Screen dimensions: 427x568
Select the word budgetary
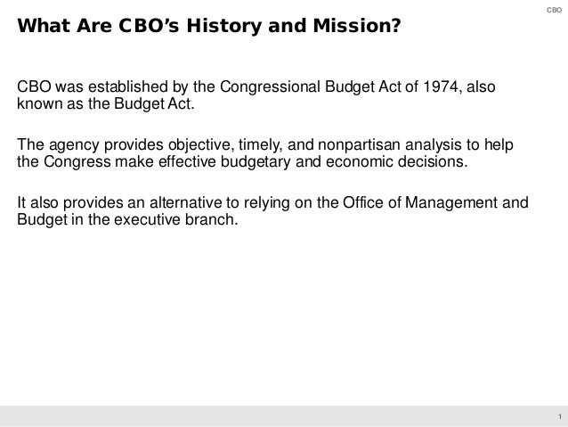pyautogui.click(x=263, y=165)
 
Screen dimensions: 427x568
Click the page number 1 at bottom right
pyautogui.click(x=556, y=417)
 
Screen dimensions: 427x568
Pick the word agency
pyautogui.click(x=71, y=147)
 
